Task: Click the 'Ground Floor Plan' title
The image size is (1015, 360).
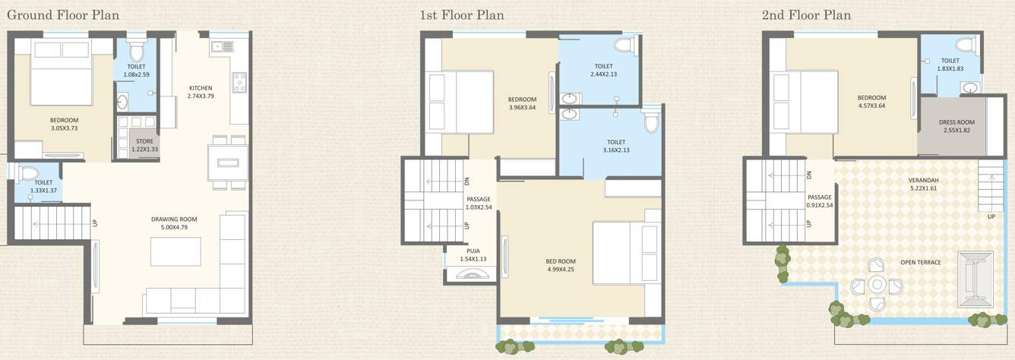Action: pos(62,14)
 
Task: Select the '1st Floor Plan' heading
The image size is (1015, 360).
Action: pos(462,14)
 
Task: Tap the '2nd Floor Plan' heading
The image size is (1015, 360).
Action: pos(808,14)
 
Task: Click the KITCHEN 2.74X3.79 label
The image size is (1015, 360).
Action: pos(201,92)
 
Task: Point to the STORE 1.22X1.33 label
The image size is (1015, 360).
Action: pos(144,145)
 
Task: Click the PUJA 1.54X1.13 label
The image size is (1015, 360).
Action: pos(473,254)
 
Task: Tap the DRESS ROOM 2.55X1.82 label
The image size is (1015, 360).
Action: pos(956,126)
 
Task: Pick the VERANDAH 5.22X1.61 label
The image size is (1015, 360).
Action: pos(923,185)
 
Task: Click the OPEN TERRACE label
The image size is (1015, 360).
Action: pos(920,263)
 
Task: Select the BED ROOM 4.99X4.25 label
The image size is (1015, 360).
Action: pos(561,265)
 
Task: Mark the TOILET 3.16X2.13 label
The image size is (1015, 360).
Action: pos(615,146)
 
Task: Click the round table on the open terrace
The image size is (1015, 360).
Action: pos(876,285)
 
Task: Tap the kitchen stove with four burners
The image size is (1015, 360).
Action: pos(239,81)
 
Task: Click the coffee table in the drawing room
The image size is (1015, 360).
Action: pos(175,251)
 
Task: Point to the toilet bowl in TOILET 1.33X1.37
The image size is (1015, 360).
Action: pos(27,172)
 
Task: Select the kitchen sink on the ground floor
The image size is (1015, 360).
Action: pos(223,46)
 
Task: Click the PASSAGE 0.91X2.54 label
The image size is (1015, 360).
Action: pos(819,201)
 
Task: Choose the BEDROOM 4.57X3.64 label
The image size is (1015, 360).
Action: pos(871,102)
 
